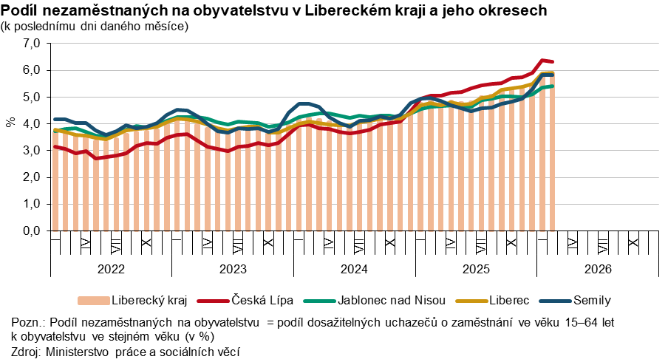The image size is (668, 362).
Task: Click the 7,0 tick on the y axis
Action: coord(33,44)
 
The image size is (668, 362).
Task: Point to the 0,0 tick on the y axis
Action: coord(33,230)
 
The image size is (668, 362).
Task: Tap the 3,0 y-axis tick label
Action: coord(33,151)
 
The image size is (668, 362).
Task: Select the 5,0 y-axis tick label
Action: coord(33,97)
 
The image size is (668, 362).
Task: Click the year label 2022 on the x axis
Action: coord(111,269)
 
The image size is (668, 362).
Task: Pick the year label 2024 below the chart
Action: coord(354,269)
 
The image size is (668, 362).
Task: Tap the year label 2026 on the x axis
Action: coord(598,269)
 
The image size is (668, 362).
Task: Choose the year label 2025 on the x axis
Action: coord(476,269)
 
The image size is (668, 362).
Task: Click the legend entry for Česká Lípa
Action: coord(263,301)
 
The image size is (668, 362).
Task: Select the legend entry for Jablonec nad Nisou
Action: coord(392,301)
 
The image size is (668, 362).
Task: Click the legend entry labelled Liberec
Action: coord(509,301)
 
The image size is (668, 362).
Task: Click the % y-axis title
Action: coord(10,122)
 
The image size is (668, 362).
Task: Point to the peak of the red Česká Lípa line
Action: coord(543,61)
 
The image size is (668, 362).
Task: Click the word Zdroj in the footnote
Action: coord(27,352)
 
